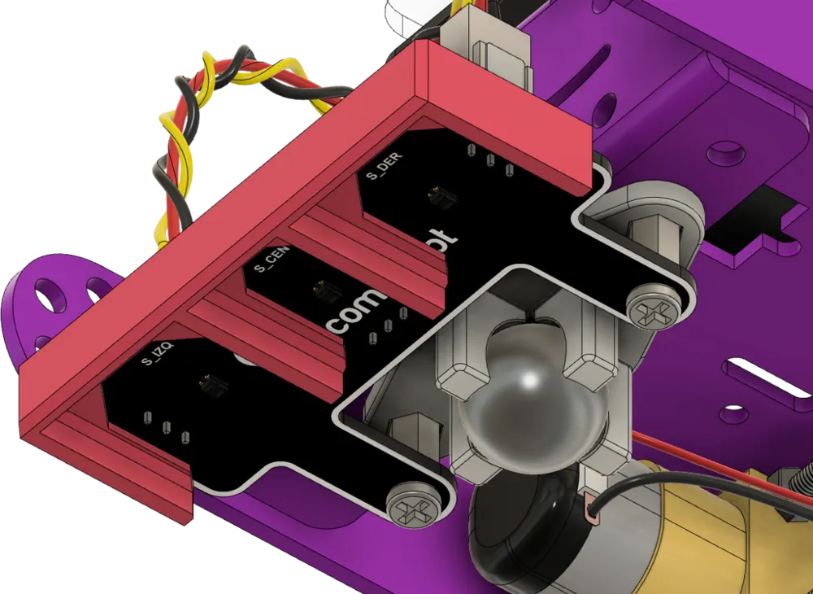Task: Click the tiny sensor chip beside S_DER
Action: point(437,196)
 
